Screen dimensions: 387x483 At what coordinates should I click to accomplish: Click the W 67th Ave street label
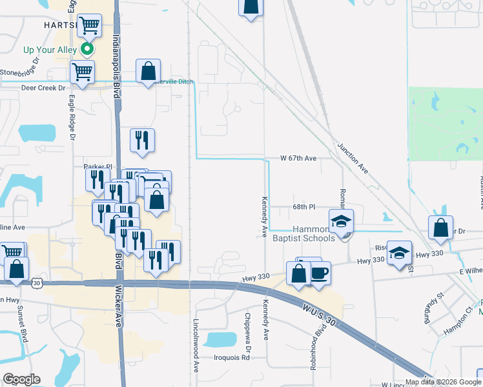coord(298,158)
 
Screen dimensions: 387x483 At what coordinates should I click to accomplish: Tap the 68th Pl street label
coord(303,207)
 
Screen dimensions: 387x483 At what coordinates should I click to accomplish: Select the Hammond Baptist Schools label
coord(314,233)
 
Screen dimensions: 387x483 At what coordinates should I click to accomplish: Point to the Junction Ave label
coord(352,159)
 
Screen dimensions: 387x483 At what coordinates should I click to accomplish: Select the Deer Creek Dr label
coord(44,88)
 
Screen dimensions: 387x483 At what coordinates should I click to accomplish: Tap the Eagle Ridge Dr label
coord(72,118)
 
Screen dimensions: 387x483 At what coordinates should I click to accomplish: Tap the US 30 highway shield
coord(37,283)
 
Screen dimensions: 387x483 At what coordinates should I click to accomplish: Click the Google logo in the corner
coord(21,379)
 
